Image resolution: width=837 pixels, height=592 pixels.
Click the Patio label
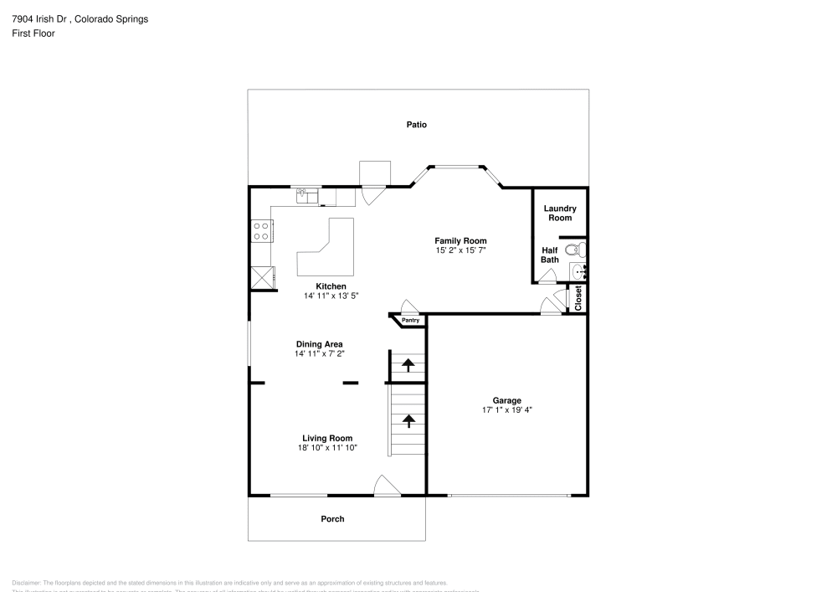point(417,125)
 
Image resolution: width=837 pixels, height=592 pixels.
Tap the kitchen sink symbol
point(307,197)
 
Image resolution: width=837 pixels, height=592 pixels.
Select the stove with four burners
point(261,231)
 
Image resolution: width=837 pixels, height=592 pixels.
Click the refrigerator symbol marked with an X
point(261,277)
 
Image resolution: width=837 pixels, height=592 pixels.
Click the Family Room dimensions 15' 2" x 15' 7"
point(460,250)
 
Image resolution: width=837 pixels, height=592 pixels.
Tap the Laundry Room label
point(560,214)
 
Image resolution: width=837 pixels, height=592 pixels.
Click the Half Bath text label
point(550,255)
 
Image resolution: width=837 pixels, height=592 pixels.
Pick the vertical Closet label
point(578,298)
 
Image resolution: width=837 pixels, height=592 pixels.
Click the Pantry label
point(410,321)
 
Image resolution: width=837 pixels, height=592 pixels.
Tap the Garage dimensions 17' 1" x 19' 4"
point(507,410)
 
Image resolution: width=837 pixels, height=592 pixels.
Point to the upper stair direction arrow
point(408,364)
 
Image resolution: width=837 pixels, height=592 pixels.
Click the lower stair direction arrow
point(408,420)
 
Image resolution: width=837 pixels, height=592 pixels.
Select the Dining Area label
point(319,344)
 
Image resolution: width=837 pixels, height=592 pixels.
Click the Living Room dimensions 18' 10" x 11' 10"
point(327,448)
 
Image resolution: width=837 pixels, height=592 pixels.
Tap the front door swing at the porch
point(386,486)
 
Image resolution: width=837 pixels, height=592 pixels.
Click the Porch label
point(332,519)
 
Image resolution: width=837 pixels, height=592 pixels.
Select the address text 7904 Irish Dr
point(41,19)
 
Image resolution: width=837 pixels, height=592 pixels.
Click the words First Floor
point(33,33)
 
